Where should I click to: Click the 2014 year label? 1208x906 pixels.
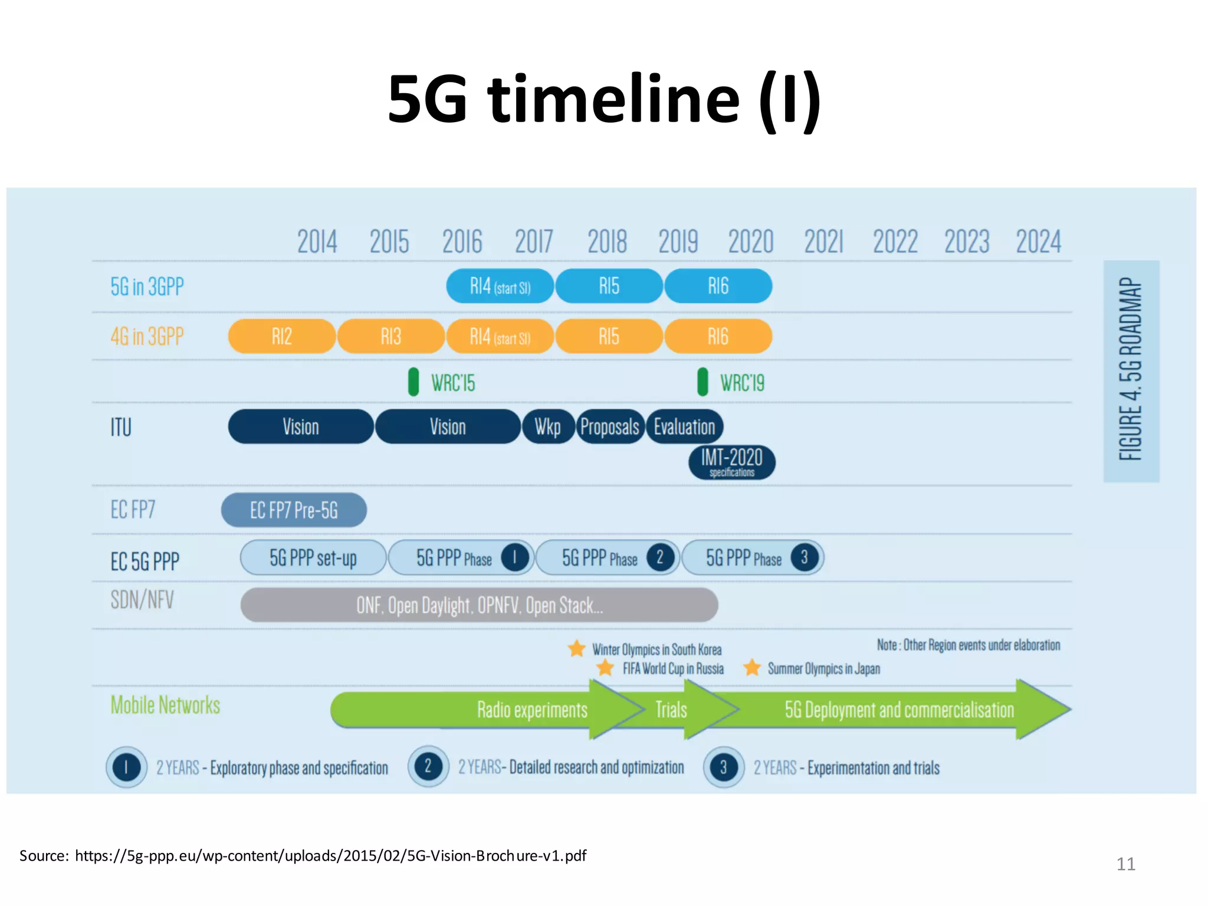317,242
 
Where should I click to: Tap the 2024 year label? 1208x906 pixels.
1038,242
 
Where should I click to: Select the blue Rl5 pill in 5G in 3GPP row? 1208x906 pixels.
609,286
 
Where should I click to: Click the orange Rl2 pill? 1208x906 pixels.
282,336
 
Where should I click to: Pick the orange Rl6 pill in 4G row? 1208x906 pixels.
718,336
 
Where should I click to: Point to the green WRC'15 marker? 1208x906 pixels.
413,382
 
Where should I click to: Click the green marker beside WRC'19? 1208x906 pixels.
703,382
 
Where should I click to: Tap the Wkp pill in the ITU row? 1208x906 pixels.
548,426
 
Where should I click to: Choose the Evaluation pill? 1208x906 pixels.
684,426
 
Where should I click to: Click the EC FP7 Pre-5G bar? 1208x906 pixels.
294,510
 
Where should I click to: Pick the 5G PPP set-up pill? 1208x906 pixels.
313,557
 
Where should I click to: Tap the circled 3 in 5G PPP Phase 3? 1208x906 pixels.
804,557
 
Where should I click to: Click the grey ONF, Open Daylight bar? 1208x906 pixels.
479,605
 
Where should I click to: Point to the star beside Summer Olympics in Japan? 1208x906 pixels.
752,668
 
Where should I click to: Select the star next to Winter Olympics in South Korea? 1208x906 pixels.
576,649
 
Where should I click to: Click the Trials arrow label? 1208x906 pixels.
671,710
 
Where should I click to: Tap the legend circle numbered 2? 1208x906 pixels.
428,767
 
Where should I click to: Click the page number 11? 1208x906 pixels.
1125,864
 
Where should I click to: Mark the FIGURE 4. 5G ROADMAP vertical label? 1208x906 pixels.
1131,370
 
